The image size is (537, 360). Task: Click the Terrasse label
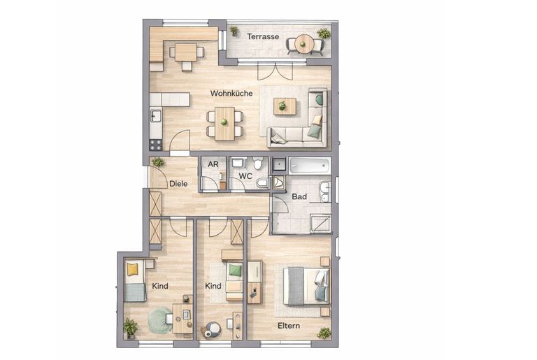tap(263, 36)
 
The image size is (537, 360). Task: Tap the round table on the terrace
tap(304, 44)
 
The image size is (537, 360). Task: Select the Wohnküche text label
tap(231, 93)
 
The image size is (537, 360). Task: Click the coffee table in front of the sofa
tap(285, 106)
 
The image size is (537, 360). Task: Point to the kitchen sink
tap(156, 115)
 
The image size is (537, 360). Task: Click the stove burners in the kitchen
tap(156, 145)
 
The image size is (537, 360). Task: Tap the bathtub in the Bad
tap(310, 166)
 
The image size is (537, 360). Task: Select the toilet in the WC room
tap(258, 163)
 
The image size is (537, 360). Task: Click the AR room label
tap(213, 164)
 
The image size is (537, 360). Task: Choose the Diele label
tap(178, 184)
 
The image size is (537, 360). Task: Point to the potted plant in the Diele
tap(158, 161)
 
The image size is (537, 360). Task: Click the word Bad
tap(299, 196)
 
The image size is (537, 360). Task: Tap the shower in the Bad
tap(320, 224)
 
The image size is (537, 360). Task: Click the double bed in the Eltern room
tap(306, 286)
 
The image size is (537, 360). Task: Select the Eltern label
tap(289, 326)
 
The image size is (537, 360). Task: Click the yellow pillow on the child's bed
tap(132, 269)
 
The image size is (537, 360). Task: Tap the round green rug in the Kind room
tap(160, 320)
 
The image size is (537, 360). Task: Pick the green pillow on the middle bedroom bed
tap(235, 270)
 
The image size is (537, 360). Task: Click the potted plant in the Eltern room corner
tap(324, 333)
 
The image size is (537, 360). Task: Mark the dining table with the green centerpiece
tap(225, 124)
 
